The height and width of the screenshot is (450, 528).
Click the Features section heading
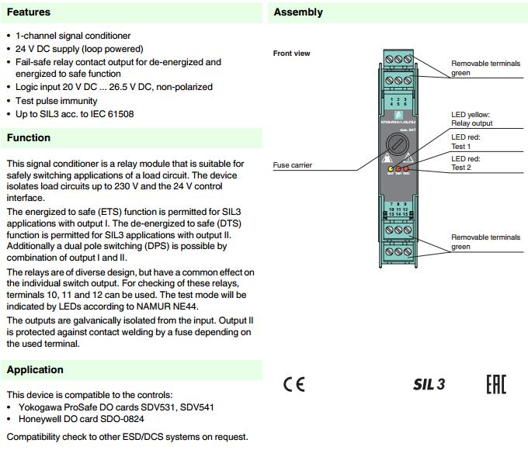tap(29, 12)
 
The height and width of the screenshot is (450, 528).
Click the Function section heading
tap(29, 138)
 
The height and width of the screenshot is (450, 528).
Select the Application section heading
tap(35, 370)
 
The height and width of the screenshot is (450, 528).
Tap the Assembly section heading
tap(298, 12)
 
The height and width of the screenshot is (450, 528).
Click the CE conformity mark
tap(294, 384)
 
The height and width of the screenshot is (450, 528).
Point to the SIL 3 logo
tap(429, 384)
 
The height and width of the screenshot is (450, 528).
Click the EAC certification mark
tap(495, 384)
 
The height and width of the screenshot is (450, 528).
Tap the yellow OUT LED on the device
tap(390, 168)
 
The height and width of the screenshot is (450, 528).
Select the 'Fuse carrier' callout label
tap(292, 165)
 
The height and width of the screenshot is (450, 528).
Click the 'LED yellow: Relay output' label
tap(471, 119)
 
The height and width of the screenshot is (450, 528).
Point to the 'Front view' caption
tap(291, 54)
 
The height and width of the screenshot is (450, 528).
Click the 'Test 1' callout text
tap(461, 146)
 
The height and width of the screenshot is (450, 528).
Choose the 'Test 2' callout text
tap(461, 168)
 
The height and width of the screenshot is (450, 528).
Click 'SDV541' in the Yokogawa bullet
tap(198, 407)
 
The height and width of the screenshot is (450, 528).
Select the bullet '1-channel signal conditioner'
tap(73, 36)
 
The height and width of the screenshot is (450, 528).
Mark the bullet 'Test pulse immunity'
tap(57, 101)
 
